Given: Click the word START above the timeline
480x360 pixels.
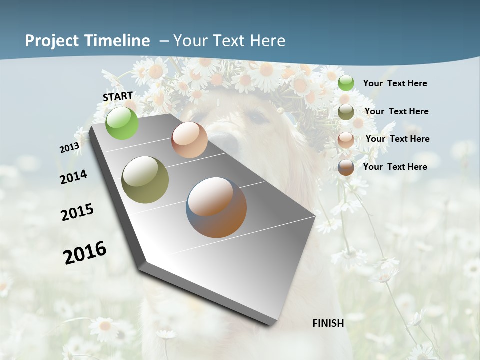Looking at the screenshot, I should coord(118,96).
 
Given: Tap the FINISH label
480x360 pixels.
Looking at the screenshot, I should coord(328,323).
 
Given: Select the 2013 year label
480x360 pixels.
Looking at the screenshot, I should coord(70,147).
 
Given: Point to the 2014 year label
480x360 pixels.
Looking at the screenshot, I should coord(74,177).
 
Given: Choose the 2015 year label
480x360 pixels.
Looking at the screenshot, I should coord(77,212).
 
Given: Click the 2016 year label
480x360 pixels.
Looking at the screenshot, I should coord(85,253).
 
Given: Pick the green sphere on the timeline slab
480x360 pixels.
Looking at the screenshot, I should coord(122,123).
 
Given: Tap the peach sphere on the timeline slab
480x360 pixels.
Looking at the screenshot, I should coord(189,140).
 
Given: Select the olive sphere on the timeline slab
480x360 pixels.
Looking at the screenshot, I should coord(145,180).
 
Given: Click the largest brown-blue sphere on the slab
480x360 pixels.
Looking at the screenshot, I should coord(217,207).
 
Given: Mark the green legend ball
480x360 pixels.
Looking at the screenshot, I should coord(346,83).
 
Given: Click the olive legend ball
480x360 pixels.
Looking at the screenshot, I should coord(346,111).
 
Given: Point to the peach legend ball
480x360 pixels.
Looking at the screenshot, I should coord(346,139).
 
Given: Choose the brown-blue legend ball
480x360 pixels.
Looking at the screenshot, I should coord(346,167).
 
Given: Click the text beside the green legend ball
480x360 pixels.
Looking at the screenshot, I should coord(395,84).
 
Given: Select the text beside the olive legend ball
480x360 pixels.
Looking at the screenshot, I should coord(396,111).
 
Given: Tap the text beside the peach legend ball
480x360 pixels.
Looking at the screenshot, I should coord(397,139).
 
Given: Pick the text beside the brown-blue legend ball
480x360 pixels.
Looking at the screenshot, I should coord(395,167).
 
